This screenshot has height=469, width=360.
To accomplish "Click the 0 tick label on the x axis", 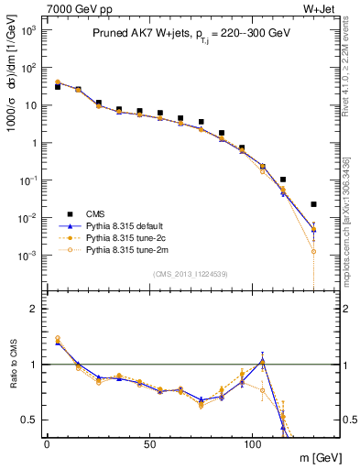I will click(47, 443).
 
